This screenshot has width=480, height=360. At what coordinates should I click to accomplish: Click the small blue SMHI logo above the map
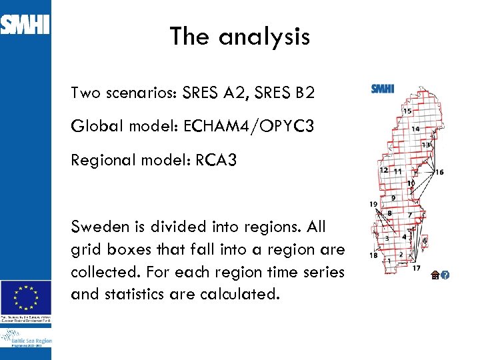pyautogui.click(x=383, y=89)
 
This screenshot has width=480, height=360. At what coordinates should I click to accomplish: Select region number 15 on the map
pyautogui.click(x=407, y=111)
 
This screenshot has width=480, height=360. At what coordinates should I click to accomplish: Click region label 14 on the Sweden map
pyautogui.click(x=415, y=129)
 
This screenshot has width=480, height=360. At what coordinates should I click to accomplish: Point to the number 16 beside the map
pyautogui.click(x=439, y=172)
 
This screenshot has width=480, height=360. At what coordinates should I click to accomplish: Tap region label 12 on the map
pyautogui.click(x=383, y=170)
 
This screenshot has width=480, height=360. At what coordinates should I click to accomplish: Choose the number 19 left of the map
pyautogui.click(x=373, y=204)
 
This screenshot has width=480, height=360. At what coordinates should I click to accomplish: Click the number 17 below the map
pyautogui.click(x=416, y=268)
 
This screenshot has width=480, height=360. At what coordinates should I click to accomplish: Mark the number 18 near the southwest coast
pyautogui.click(x=373, y=255)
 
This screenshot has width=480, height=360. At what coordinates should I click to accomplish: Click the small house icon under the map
pyautogui.click(x=435, y=275)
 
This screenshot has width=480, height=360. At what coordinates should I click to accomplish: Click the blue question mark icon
pyautogui.click(x=445, y=275)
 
